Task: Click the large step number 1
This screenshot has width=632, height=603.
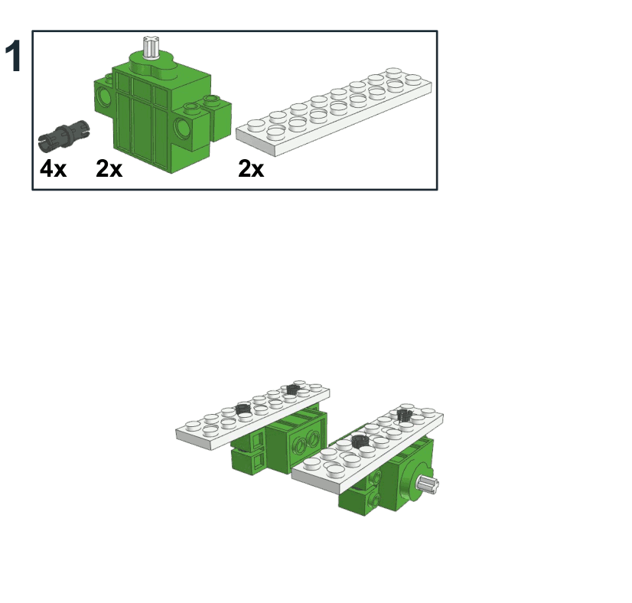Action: [13, 56]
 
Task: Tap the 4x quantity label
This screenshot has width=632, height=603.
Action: [54, 168]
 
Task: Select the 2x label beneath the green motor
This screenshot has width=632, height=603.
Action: [109, 168]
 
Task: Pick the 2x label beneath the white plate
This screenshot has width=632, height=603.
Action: [251, 168]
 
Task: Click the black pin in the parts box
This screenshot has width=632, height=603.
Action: [64, 135]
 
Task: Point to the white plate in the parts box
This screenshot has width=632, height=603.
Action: [334, 111]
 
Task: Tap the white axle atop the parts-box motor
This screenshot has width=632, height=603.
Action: [151, 47]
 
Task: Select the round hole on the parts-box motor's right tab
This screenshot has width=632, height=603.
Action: [182, 127]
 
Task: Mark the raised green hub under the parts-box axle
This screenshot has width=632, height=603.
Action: [153, 66]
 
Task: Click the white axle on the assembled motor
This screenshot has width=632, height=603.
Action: [428, 484]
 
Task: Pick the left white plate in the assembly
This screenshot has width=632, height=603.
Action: [252, 415]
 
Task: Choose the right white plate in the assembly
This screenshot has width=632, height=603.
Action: [367, 448]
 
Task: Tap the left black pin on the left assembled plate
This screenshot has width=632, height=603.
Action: [243, 409]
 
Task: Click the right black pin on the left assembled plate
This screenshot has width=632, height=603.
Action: [292, 390]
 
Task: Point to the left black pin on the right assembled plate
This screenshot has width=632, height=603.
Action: [359, 441]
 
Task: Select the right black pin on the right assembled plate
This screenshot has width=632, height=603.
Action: [404, 415]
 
